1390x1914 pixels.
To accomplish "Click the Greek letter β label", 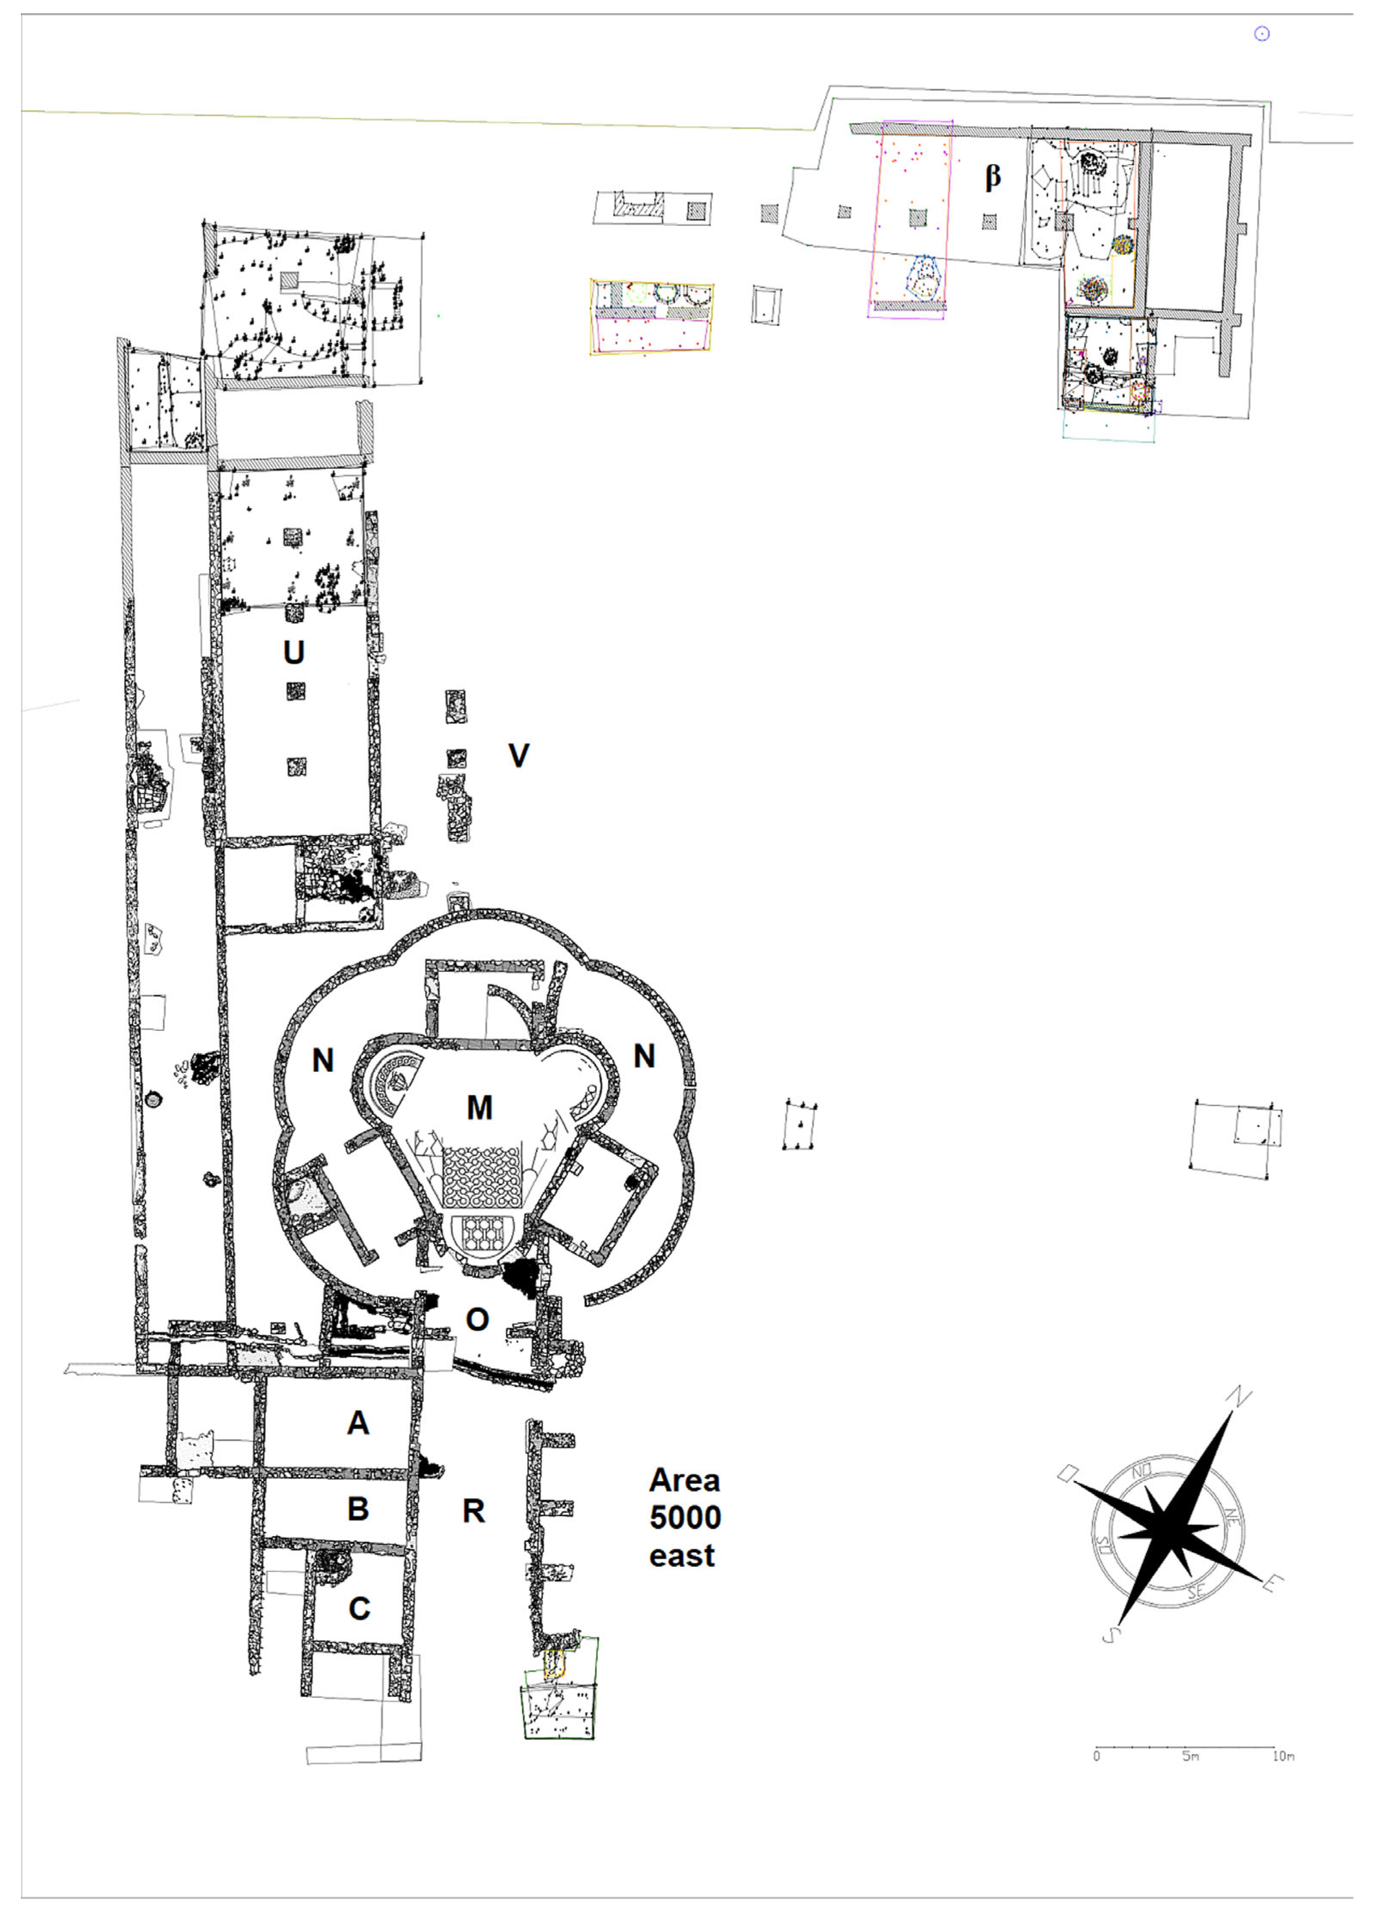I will [993, 177].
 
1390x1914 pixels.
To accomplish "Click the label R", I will [473, 1512].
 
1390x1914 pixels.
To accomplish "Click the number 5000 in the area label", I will [684, 1518].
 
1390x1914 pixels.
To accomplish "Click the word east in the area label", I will [682, 1555].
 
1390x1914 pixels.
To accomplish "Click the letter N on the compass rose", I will [1242, 1397].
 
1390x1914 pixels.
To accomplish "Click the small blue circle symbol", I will [1262, 34].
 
